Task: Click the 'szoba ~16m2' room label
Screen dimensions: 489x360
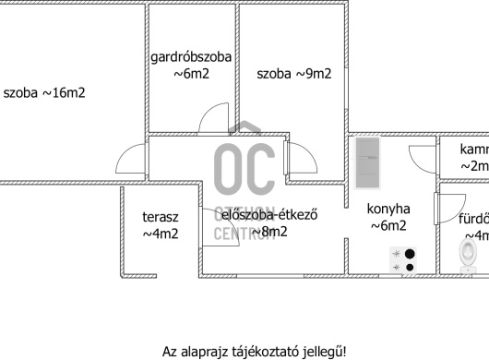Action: (x=44, y=92)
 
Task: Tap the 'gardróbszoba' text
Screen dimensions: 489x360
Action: (x=191, y=58)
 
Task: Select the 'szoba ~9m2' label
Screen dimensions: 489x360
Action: (x=293, y=74)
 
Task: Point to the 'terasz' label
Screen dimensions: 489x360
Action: (x=160, y=218)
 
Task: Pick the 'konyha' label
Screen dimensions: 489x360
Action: (x=388, y=209)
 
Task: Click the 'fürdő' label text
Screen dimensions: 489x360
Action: (x=473, y=220)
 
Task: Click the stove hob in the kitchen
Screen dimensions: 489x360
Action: (x=403, y=260)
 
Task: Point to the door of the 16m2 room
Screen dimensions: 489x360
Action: (x=131, y=162)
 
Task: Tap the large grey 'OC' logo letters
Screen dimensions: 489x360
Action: (x=244, y=167)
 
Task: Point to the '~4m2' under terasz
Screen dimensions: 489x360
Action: (x=160, y=234)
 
